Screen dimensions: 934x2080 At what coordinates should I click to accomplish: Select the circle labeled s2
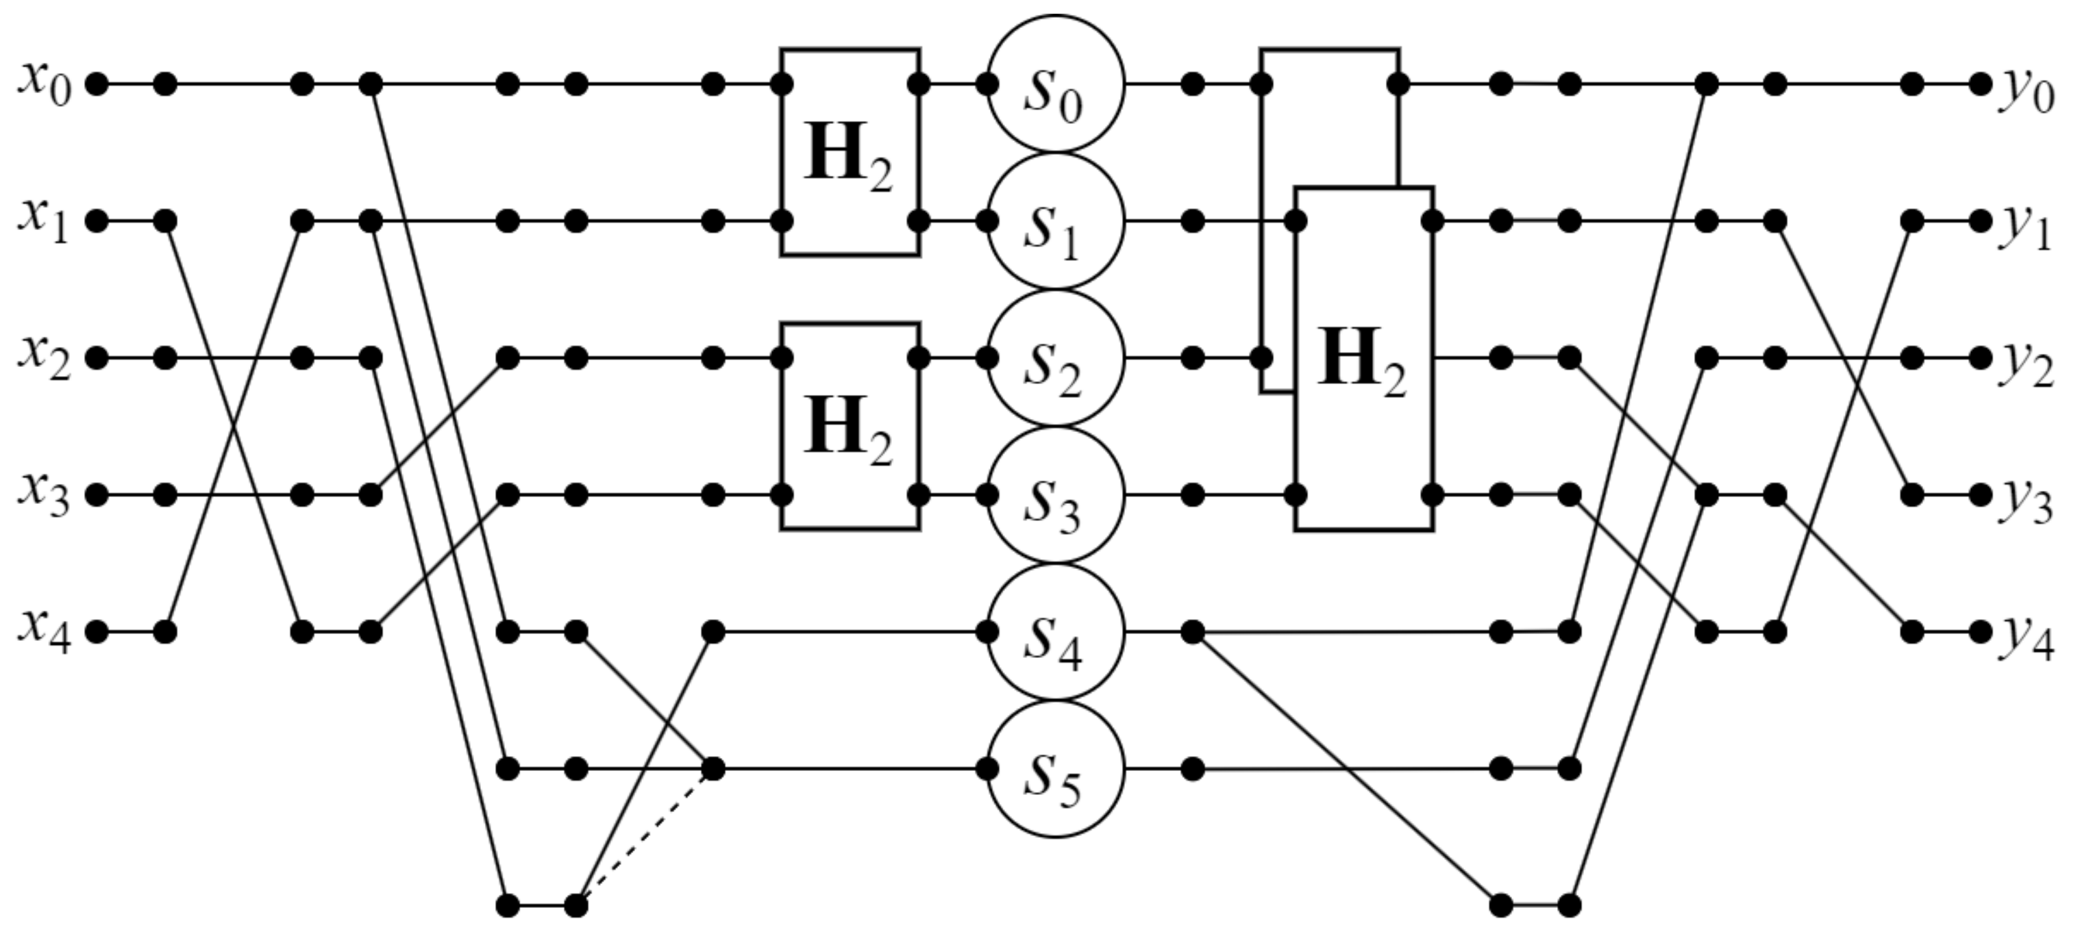pyautogui.click(x=1055, y=357)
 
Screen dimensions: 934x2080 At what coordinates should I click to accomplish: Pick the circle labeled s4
pyautogui.click(x=1055, y=631)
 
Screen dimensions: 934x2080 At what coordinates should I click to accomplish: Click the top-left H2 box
pyautogui.click(x=850, y=152)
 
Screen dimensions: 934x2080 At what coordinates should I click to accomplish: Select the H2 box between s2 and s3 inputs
pyautogui.click(x=850, y=425)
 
